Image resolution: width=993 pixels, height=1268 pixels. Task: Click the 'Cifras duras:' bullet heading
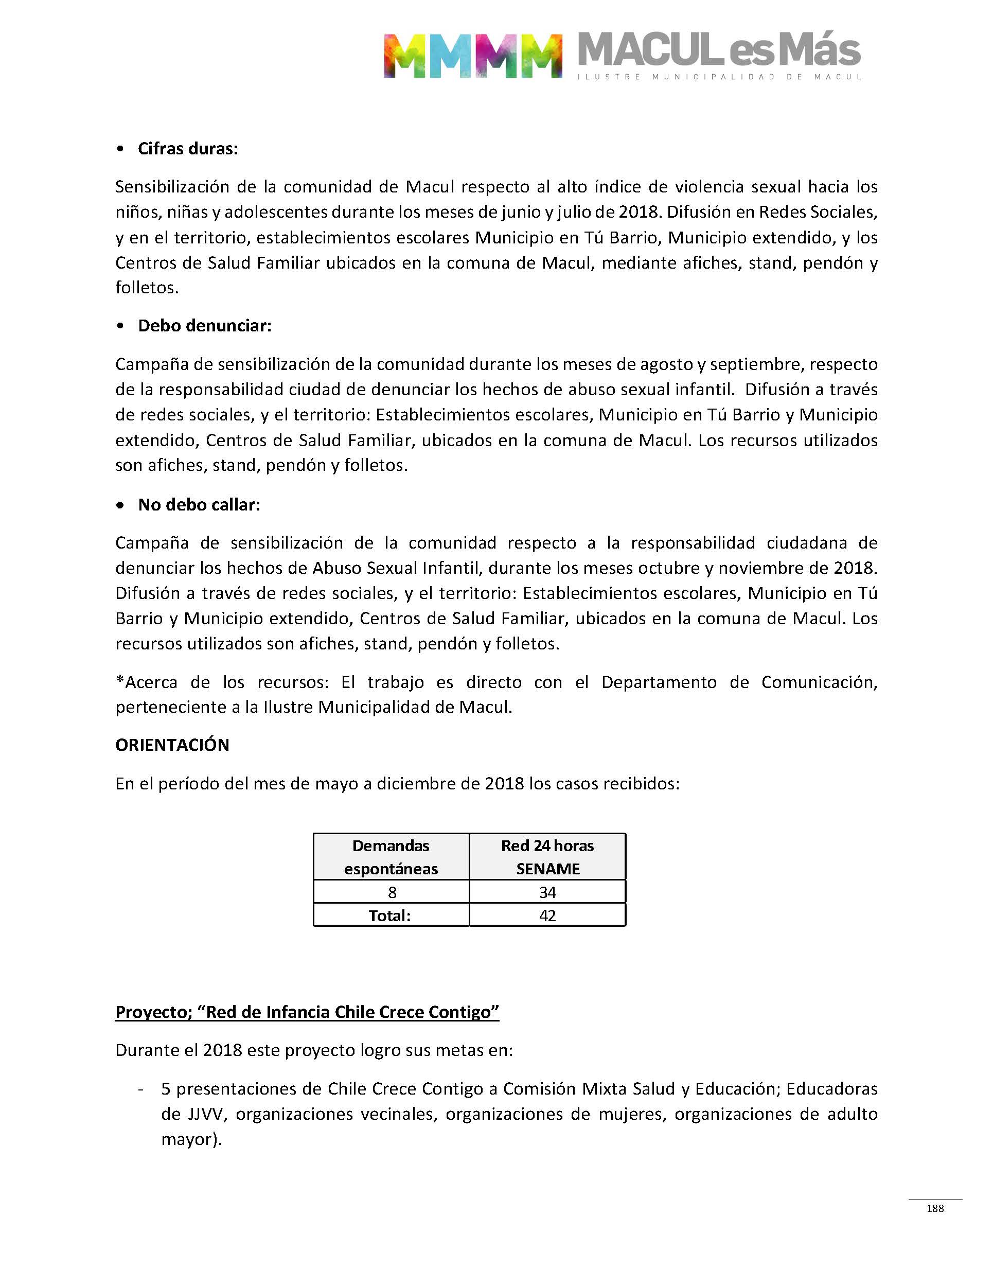[x=187, y=149]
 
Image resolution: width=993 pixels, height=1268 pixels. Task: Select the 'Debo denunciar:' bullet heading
[x=204, y=326]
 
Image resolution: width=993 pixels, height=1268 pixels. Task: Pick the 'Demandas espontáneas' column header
[x=391, y=857]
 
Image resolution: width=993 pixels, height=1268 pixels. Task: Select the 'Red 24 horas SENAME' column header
[x=547, y=857]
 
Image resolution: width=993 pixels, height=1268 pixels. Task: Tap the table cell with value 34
[x=547, y=892]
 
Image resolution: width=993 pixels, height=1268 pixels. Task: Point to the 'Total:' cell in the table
[x=389, y=915]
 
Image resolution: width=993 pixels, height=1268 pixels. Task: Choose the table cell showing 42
[x=547, y=915]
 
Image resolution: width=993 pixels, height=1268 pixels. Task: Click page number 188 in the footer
[x=935, y=1208]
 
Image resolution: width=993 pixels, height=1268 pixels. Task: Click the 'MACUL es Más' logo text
[x=719, y=50]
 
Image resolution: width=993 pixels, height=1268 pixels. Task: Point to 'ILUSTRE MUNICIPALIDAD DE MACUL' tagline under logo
[x=719, y=77]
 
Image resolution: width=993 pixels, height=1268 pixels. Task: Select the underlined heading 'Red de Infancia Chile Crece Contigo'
[x=307, y=1012]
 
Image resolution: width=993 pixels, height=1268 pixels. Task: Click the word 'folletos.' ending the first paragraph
[x=147, y=288]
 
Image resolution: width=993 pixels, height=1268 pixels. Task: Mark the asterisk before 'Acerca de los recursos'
[x=120, y=681]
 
